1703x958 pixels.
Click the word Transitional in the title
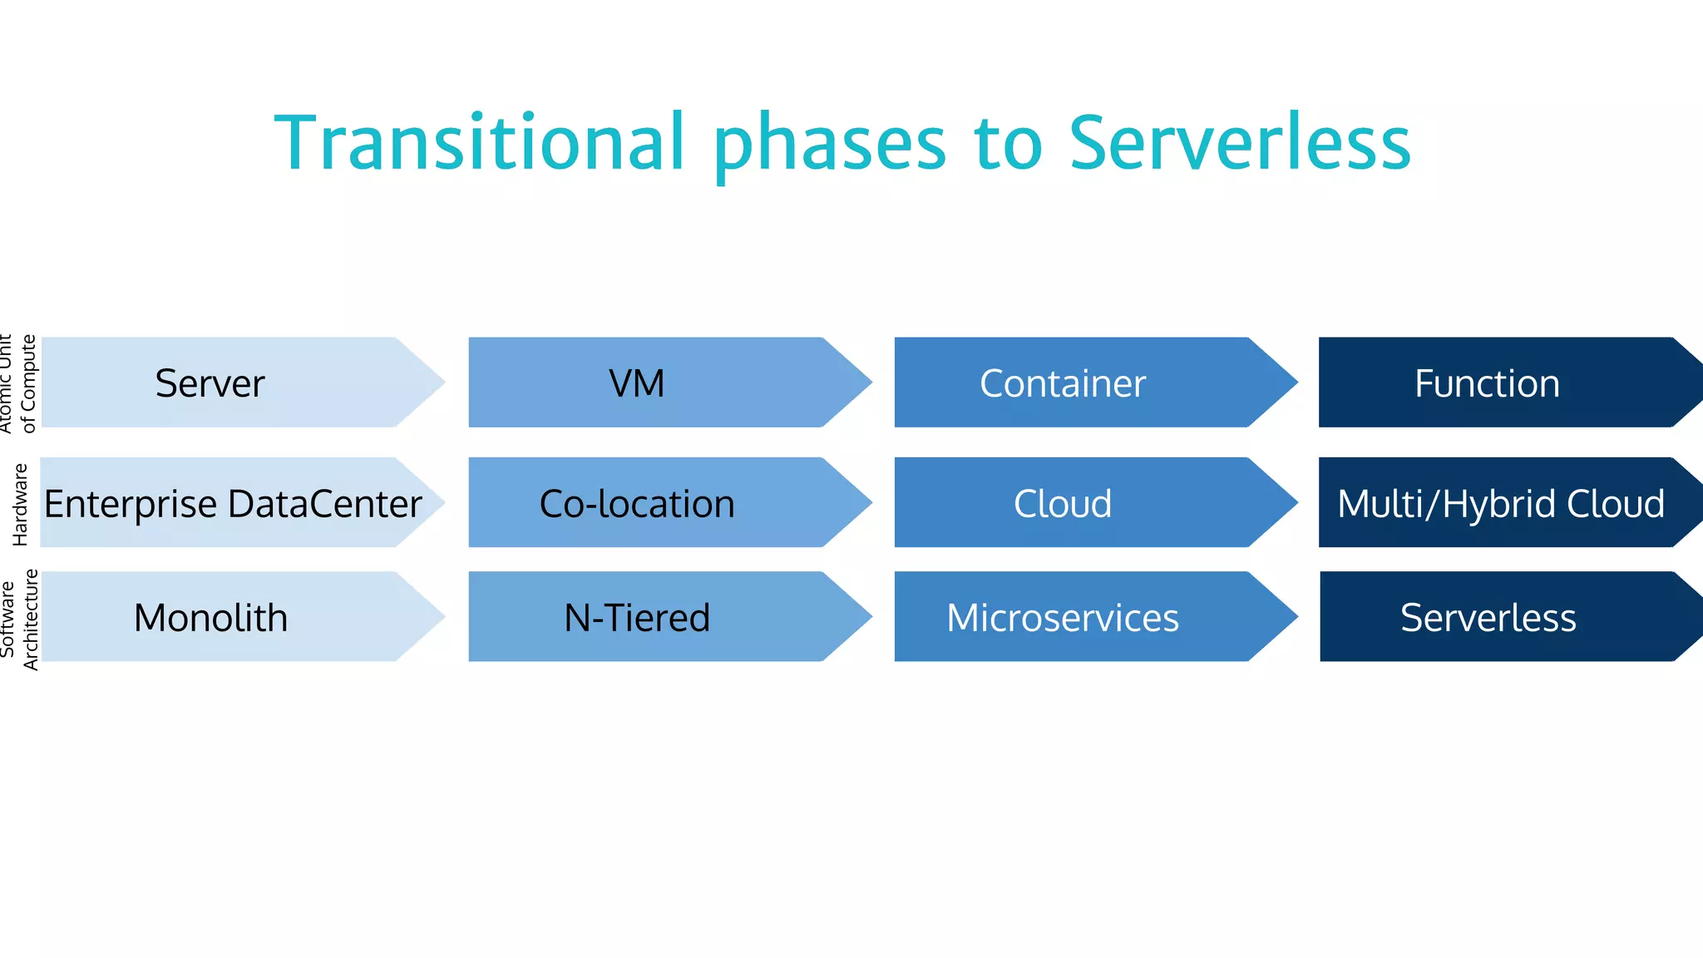click(x=480, y=143)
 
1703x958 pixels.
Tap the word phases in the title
click(x=829, y=143)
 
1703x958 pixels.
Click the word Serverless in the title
click(x=1239, y=143)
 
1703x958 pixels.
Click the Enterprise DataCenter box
click(x=233, y=504)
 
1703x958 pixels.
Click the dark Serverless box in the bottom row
click(x=1488, y=618)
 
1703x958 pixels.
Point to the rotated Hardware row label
click(x=20, y=504)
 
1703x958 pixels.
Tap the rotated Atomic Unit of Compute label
click(x=18, y=383)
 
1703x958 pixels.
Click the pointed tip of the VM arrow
click(x=868, y=383)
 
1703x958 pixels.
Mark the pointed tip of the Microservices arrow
click(x=1294, y=617)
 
